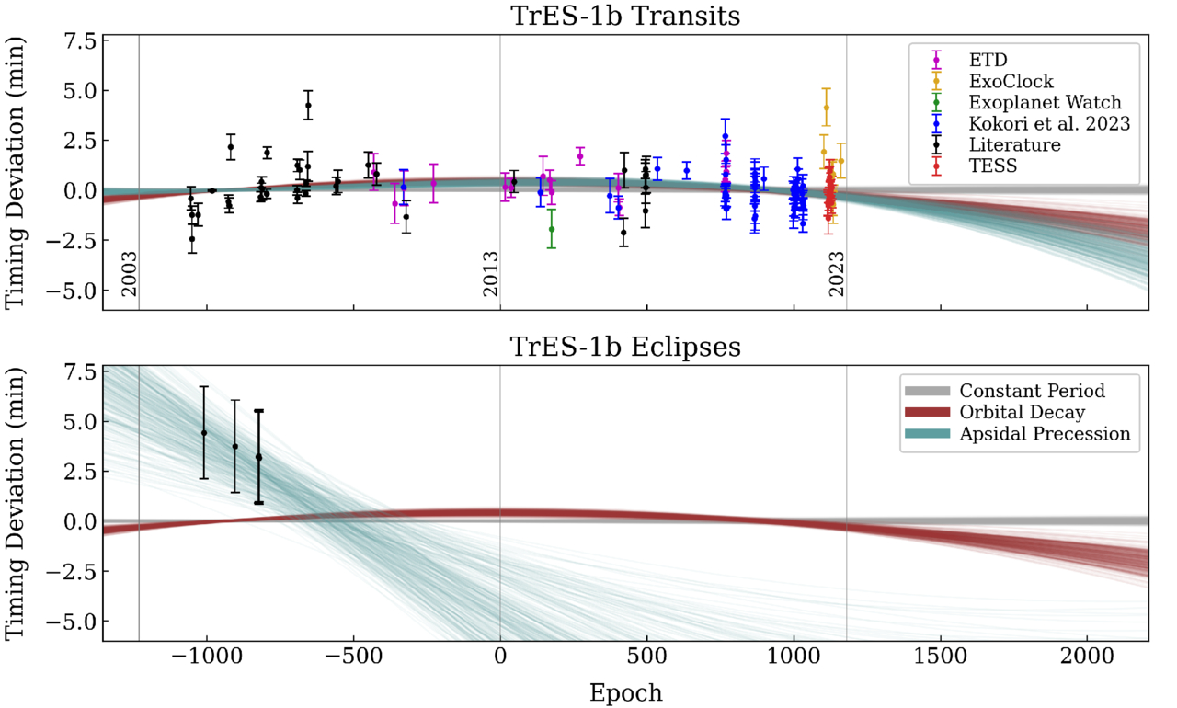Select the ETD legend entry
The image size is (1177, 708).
coord(983,60)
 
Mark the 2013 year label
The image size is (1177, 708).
coord(490,273)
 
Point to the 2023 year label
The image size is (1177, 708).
coord(836,273)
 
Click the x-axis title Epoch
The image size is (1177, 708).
coord(625,691)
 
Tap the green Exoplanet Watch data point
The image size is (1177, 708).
coord(552,229)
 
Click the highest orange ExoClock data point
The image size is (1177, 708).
coord(827,108)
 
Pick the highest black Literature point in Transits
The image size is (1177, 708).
coord(308,105)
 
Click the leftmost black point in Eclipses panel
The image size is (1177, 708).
coord(204,432)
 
